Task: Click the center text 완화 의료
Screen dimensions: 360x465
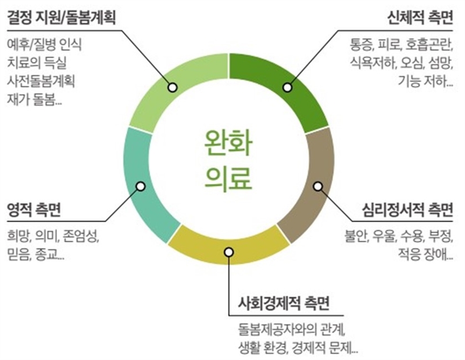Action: [229, 160]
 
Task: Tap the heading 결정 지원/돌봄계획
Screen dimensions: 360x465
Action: [62, 18]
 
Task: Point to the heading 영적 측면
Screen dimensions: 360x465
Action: [34, 209]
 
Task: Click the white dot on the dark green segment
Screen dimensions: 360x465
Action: [287, 87]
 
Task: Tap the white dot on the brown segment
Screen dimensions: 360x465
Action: [317, 186]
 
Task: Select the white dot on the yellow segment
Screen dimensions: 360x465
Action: [229, 252]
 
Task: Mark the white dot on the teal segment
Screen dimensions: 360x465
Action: [140, 186]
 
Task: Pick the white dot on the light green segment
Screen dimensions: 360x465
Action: [172, 87]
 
